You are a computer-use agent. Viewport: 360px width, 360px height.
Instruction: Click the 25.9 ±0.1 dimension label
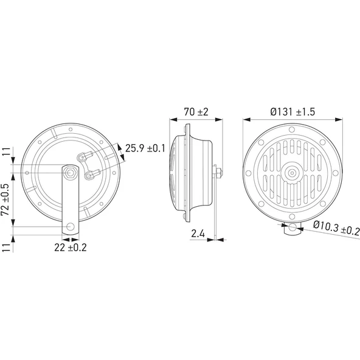[146, 147]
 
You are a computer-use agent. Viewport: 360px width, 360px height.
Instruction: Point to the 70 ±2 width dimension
[195, 111]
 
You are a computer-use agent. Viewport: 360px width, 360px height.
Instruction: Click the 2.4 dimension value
[197, 233]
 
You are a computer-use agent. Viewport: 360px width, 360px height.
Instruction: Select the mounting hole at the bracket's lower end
[72, 227]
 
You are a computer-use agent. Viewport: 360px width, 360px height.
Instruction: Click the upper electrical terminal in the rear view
[80, 157]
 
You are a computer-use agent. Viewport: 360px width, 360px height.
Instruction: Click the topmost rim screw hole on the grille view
[292, 130]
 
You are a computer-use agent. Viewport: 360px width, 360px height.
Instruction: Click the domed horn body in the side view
[198, 174]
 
